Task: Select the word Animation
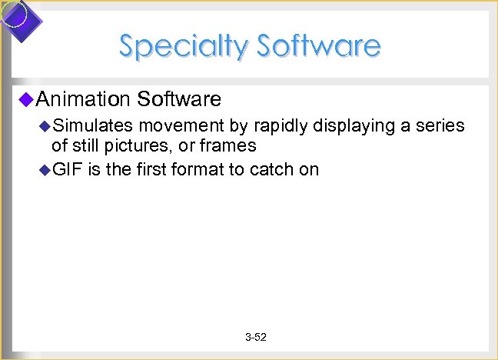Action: coord(82,98)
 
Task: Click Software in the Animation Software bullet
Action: coord(178,98)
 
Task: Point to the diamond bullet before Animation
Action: coord(26,98)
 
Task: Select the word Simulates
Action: coord(92,126)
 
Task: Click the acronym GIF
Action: coord(67,169)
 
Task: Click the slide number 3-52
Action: coord(255,338)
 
